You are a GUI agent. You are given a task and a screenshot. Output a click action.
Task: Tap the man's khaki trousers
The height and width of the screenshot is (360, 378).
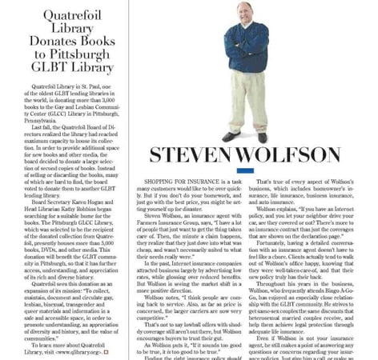(x=243, y=100)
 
